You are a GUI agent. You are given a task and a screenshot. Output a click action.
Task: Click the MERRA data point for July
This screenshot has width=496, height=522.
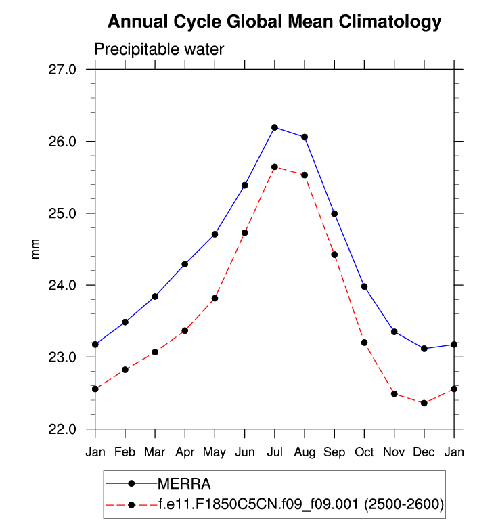coord(275,127)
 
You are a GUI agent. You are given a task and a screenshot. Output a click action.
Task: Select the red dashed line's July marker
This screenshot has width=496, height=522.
coord(275,167)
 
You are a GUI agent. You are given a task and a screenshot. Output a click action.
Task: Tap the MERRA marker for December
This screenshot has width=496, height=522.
coord(424,349)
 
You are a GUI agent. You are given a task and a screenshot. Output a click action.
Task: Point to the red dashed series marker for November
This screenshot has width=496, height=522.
coord(394,394)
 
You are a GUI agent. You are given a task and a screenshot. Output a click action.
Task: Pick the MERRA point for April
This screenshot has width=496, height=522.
coord(185,264)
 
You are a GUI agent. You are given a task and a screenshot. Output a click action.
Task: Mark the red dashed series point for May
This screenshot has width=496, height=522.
coord(215,298)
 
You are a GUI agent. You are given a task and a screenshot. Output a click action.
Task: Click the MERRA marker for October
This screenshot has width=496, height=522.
coord(364,286)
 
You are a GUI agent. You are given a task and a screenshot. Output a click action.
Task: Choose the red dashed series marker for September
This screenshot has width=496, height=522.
coord(334,255)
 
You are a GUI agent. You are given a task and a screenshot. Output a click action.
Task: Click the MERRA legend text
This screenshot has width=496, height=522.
coord(185,483)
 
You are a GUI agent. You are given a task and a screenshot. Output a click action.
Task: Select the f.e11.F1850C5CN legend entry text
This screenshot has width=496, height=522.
coord(300,504)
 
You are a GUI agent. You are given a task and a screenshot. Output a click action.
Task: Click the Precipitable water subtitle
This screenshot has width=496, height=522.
coord(158,49)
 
